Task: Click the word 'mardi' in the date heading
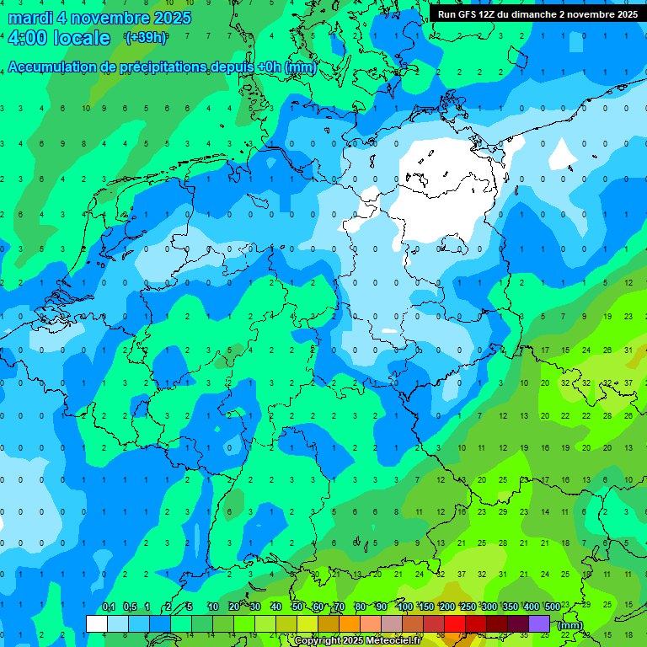pos(27,18)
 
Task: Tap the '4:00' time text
pos(26,38)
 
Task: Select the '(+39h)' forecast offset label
pos(146,38)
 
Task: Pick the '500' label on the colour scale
pos(552,607)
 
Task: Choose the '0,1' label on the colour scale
pos(109,607)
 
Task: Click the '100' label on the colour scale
pos(405,607)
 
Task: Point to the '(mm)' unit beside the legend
pos(570,625)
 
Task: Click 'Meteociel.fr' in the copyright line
pos(393,641)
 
